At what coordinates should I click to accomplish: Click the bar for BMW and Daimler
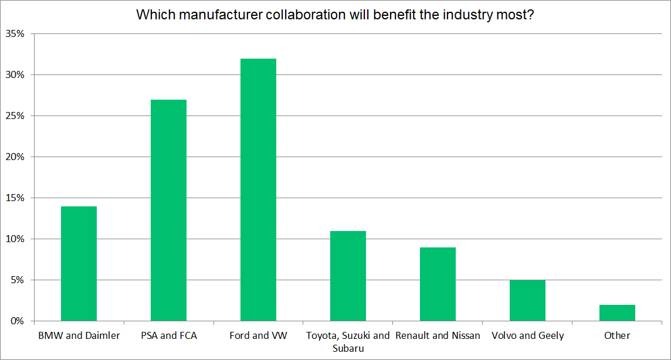[x=79, y=264]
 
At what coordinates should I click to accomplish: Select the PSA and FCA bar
[x=168, y=210]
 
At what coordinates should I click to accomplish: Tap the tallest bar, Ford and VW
[x=258, y=190]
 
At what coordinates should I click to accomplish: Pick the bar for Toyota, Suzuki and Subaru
[x=348, y=276]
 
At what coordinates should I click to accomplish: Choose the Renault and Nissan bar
[x=438, y=284]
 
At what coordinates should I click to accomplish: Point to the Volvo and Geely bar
[x=527, y=301]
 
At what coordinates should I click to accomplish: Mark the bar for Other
[x=617, y=313]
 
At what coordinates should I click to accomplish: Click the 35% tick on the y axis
[x=15, y=34]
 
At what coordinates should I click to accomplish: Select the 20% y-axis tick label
[x=15, y=157]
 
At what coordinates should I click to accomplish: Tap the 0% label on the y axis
[x=18, y=321]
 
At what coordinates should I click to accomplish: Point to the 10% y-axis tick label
[x=15, y=239]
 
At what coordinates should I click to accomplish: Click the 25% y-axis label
[x=15, y=116]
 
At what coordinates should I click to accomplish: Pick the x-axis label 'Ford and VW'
[x=258, y=336]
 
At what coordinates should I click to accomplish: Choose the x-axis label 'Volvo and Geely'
[x=527, y=336]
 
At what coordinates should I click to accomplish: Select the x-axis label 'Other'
[x=617, y=336]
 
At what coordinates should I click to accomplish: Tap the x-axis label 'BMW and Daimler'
[x=79, y=336]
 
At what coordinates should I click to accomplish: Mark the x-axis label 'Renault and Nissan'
[x=438, y=336]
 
